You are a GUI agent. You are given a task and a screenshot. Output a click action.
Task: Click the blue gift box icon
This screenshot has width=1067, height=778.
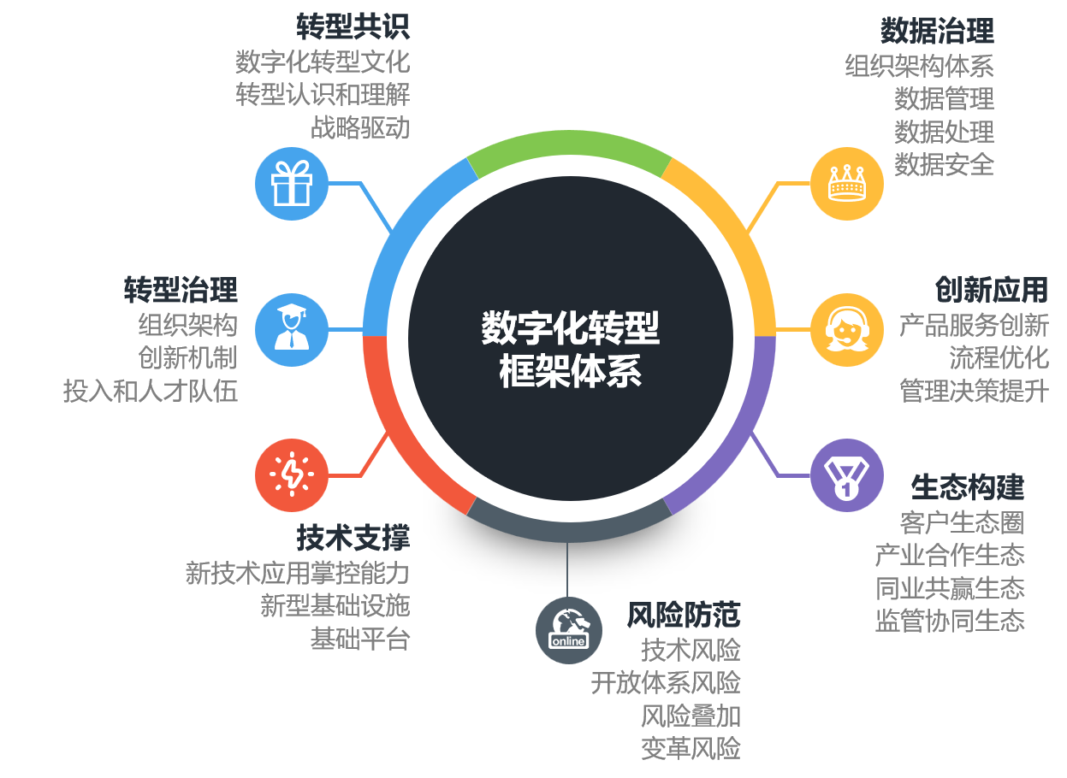(x=292, y=184)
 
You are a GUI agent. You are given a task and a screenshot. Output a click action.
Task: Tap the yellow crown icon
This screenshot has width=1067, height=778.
(x=846, y=184)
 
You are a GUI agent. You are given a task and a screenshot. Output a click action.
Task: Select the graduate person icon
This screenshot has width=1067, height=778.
(x=292, y=329)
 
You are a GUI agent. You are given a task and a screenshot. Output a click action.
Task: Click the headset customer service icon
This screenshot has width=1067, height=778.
(x=846, y=329)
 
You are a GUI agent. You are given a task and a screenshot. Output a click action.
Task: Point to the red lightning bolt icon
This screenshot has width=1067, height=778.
(x=292, y=474)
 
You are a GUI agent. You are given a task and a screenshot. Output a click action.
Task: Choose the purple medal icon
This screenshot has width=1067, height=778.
(x=846, y=475)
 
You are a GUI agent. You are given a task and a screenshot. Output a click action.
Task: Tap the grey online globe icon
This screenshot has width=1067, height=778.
(x=569, y=630)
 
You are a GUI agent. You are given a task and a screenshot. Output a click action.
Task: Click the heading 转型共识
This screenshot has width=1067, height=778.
(x=353, y=27)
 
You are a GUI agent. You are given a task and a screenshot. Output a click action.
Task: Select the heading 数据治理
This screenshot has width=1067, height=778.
(x=937, y=32)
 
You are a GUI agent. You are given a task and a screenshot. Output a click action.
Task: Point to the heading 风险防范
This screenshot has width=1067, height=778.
(x=684, y=614)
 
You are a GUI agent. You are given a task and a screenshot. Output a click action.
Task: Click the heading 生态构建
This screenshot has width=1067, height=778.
(x=968, y=487)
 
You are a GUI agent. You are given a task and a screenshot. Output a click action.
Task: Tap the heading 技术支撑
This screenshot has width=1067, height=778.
(x=353, y=538)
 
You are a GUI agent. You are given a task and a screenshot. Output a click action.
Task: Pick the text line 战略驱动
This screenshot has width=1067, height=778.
(x=360, y=128)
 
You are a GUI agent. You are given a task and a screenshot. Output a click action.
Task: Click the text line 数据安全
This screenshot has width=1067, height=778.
(x=944, y=164)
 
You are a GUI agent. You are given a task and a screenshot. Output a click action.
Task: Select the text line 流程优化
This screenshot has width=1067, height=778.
(x=999, y=357)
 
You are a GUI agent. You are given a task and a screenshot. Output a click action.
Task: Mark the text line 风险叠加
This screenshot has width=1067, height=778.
(x=691, y=715)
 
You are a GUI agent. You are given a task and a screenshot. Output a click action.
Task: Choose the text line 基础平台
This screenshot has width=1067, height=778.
(x=360, y=639)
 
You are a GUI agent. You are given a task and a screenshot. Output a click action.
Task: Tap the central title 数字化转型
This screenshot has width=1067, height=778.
(x=570, y=327)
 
